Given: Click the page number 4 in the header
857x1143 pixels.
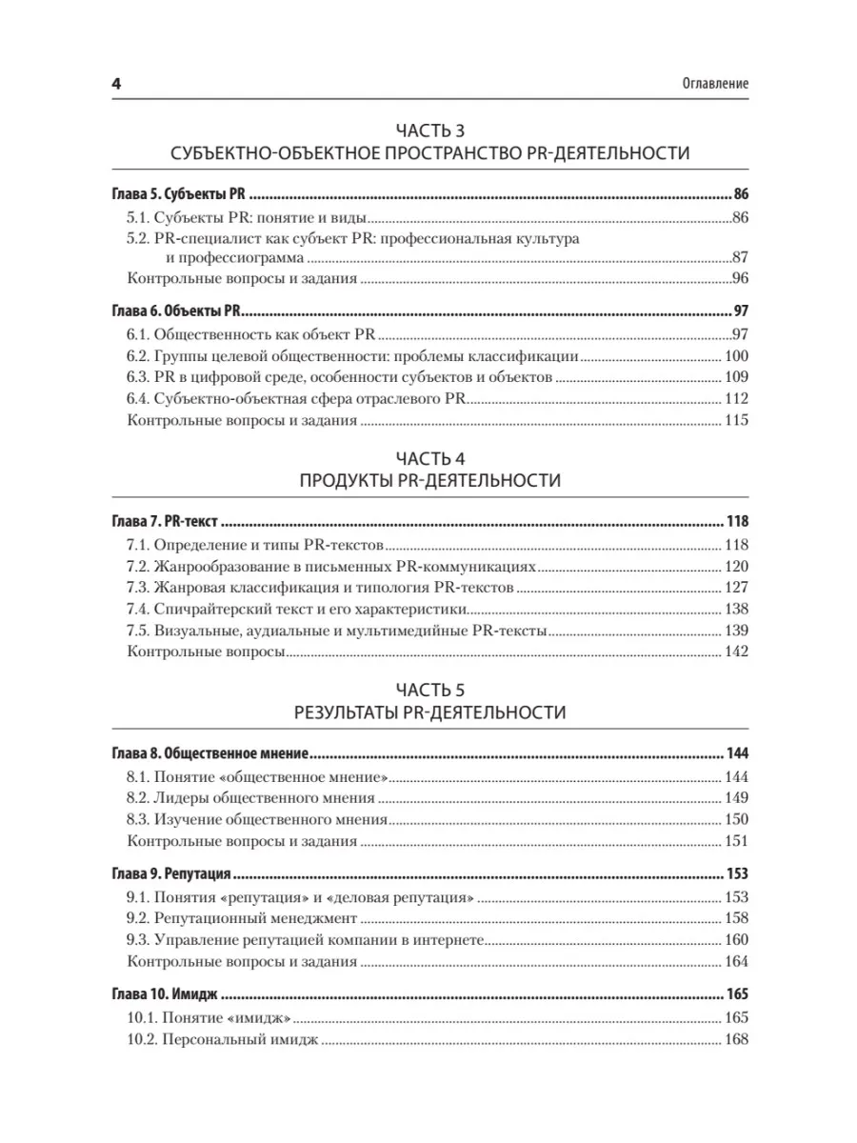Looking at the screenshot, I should pyautogui.click(x=114, y=84).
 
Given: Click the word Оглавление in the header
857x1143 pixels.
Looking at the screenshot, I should pyautogui.click(x=708, y=84).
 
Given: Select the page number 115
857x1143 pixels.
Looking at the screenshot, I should pyautogui.click(x=737, y=420).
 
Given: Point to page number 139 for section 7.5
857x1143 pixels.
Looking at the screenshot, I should pyautogui.click(x=737, y=632).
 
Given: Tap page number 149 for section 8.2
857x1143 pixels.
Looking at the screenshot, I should pyautogui.click(x=737, y=797).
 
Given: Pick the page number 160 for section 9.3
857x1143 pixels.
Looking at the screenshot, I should pyautogui.click(x=737, y=939).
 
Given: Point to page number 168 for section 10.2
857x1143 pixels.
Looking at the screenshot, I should pyautogui.click(x=737, y=1039).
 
